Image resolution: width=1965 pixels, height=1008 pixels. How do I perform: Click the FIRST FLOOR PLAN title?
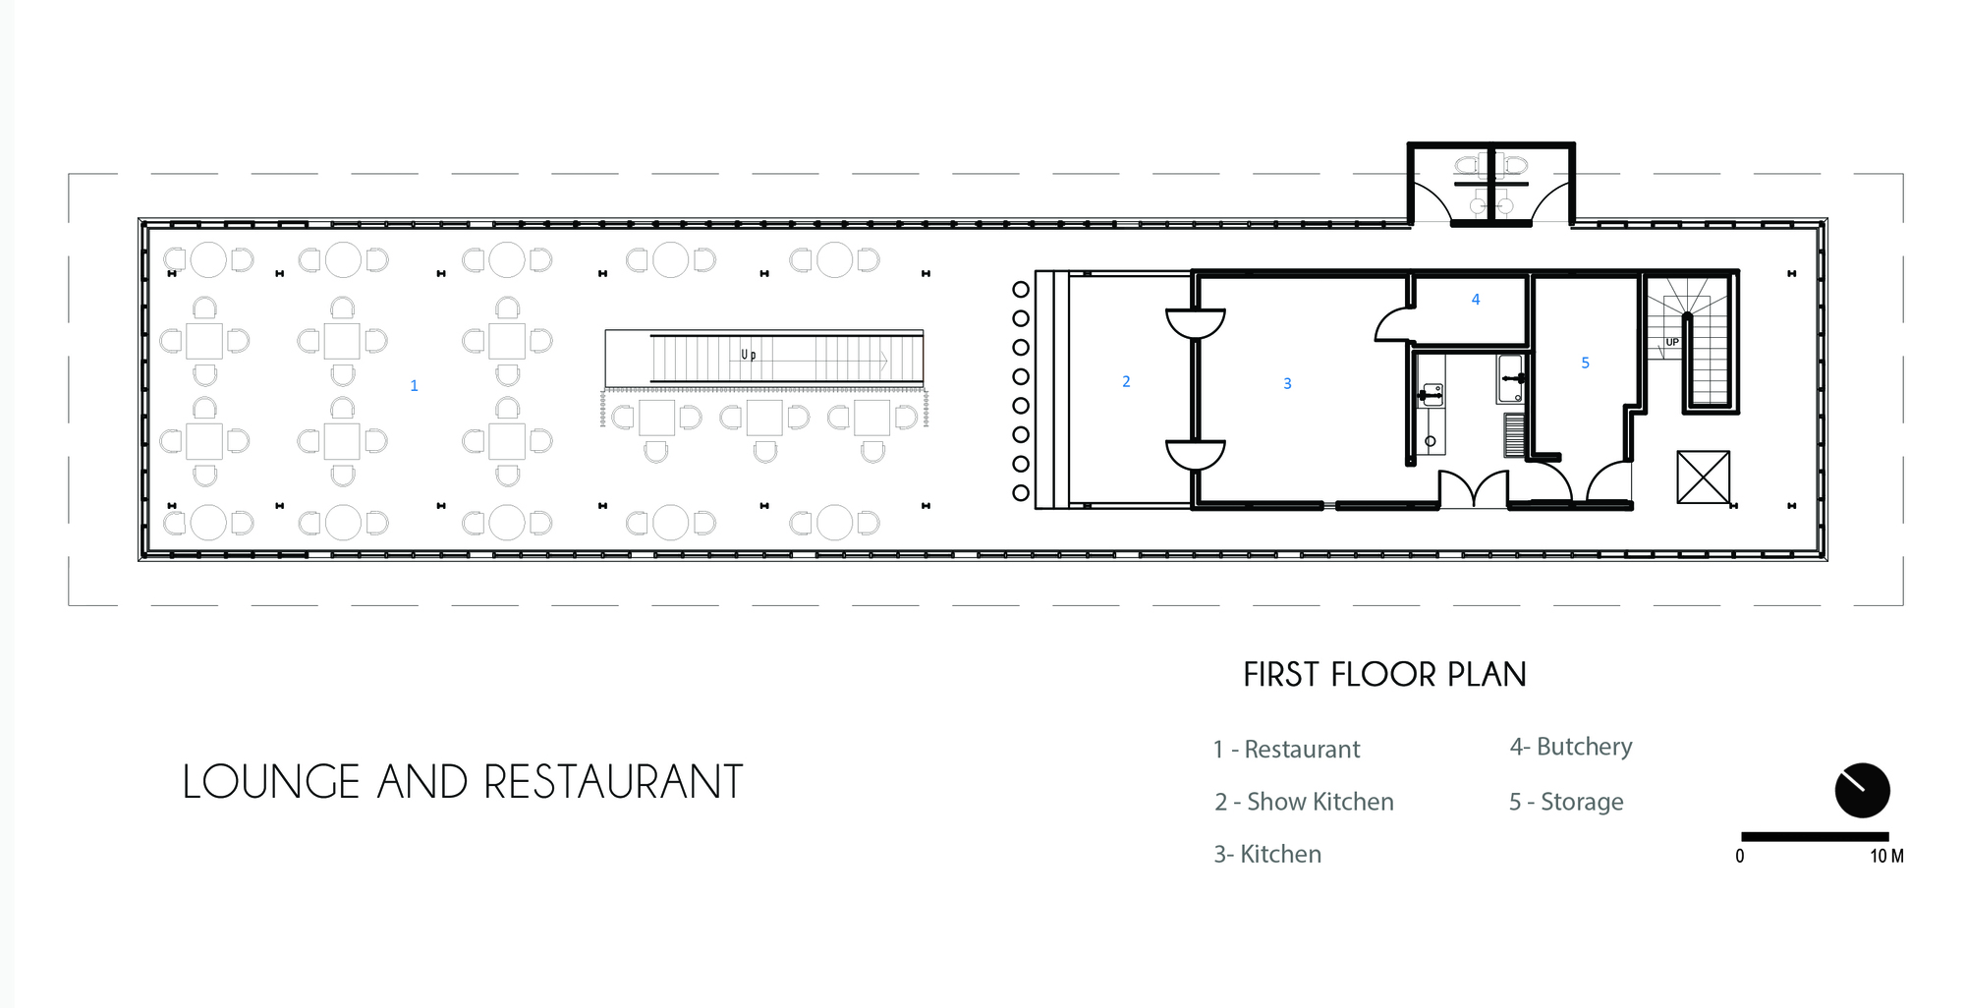(x=1384, y=675)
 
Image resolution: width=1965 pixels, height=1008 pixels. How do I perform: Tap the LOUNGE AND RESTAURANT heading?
(x=463, y=782)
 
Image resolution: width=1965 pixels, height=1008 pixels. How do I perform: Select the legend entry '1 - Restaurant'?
(x=1286, y=750)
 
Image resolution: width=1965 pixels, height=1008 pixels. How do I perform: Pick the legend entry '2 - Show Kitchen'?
(x=1304, y=802)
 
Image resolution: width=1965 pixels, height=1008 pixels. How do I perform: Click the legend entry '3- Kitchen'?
(x=1267, y=854)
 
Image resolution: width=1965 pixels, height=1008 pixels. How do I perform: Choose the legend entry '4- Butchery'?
(x=1571, y=747)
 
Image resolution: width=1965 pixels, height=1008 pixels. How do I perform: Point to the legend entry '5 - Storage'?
(x=1566, y=802)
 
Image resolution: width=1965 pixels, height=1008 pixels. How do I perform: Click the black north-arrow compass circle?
(x=1862, y=791)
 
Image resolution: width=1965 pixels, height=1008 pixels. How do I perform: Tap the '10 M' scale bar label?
(x=1886, y=856)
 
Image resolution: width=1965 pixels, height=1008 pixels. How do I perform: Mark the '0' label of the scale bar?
(x=1740, y=856)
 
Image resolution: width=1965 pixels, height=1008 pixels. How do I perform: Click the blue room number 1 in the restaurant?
(x=414, y=386)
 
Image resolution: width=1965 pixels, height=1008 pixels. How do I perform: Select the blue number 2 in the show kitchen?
(x=1126, y=381)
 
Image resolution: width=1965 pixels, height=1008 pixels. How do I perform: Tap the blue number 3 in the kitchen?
(x=1287, y=383)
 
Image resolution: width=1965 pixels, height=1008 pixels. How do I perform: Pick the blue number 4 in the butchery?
(x=1476, y=299)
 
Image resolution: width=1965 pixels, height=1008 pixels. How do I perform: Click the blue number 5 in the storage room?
(x=1585, y=363)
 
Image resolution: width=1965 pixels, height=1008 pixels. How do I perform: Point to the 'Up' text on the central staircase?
(x=749, y=355)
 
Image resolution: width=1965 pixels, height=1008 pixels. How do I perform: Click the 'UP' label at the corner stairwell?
(x=1672, y=342)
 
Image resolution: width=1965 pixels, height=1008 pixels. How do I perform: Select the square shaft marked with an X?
(x=1703, y=477)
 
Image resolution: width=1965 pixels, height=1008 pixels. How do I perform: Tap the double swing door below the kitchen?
(x=1474, y=489)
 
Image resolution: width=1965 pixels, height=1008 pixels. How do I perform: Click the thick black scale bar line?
(x=1815, y=837)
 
